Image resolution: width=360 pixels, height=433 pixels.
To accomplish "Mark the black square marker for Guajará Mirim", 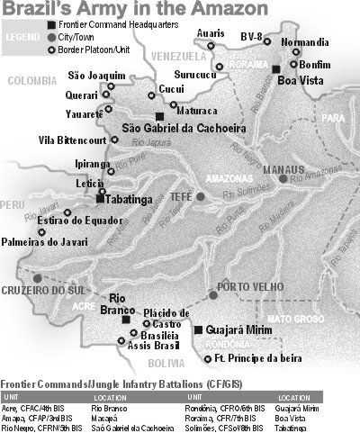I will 197,330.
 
